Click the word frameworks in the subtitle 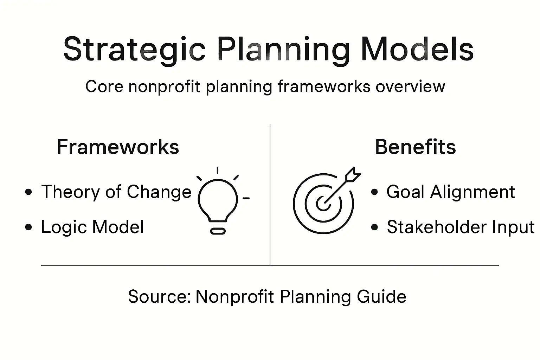[x=324, y=86]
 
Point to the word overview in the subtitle [x=410, y=86]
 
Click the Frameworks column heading [x=118, y=147]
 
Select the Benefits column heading [x=415, y=147]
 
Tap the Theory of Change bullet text [x=116, y=192]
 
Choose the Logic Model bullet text [x=92, y=227]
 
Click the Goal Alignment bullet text [x=450, y=192]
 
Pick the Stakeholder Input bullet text [x=460, y=227]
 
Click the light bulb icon [x=218, y=200]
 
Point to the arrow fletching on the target [x=353, y=175]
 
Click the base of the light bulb [x=218, y=231]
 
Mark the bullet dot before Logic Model [x=29, y=227]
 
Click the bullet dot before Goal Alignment [x=374, y=192]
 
